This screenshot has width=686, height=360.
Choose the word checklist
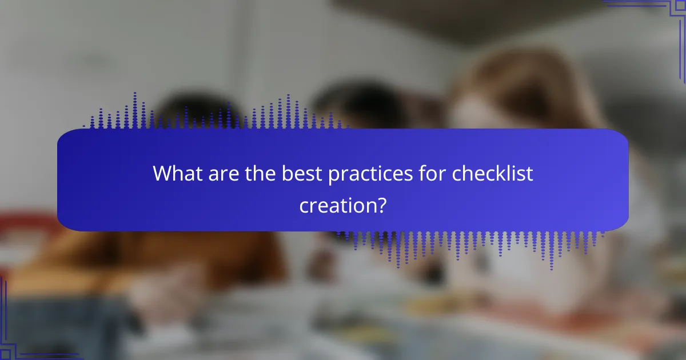493,174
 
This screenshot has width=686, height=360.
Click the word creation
336,205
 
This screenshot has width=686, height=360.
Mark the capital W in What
162,174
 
